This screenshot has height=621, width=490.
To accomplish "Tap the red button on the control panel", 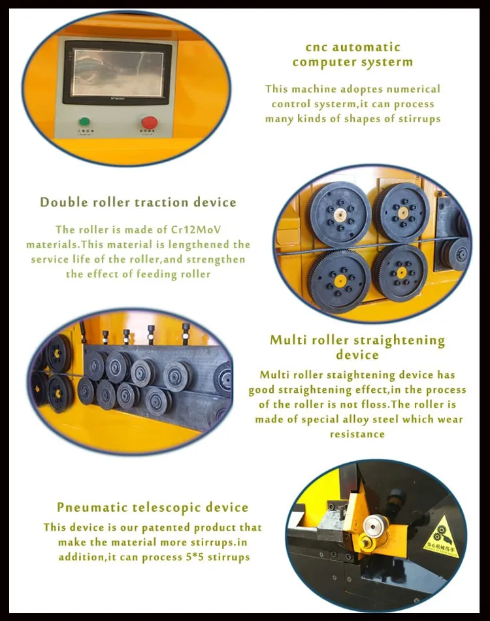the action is coord(149,122).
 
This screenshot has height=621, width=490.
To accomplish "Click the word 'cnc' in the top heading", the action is coord(316,47).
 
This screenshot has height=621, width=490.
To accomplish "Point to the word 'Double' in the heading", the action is coord(64,203).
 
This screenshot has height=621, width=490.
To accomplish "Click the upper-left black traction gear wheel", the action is coord(339,215).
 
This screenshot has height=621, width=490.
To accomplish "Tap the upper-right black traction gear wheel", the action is coord(402,212).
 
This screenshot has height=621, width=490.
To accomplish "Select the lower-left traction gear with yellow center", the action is coord(340,281).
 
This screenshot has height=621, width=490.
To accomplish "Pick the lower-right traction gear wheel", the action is coord(401,273).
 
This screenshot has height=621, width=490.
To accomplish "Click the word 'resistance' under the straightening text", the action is coord(357,434).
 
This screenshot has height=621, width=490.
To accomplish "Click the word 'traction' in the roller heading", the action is coord(161,203).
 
